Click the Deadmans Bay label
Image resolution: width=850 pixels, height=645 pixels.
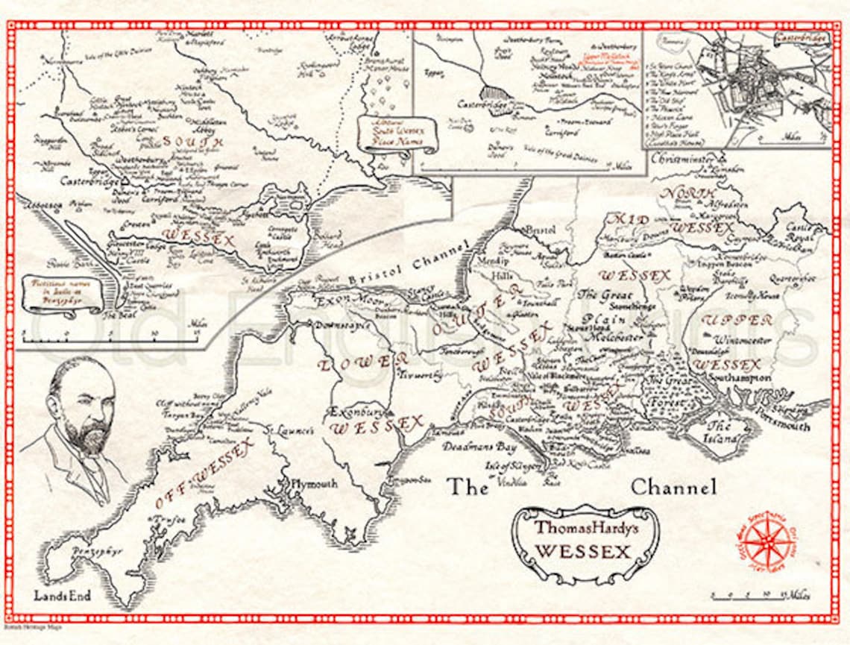pyautogui.click(x=474, y=447)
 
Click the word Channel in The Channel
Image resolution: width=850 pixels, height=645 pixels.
pyautogui.click(x=673, y=488)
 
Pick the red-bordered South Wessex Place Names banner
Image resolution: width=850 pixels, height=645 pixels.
pyautogui.click(x=396, y=136)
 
